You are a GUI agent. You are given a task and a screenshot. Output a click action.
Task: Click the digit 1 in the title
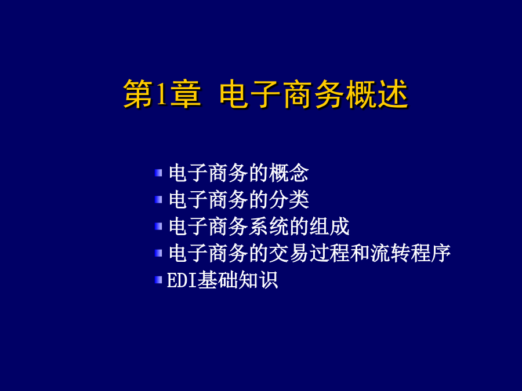pyautogui.click(x=161, y=94)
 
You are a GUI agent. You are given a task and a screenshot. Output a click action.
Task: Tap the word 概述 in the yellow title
pyautogui.click(x=377, y=94)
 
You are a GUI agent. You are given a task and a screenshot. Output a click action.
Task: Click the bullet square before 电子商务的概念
pyautogui.click(x=158, y=173)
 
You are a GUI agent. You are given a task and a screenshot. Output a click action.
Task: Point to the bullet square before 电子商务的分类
pyautogui.click(x=158, y=199)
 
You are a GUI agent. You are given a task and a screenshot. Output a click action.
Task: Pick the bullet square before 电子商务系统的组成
pyautogui.click(x=158, y=226)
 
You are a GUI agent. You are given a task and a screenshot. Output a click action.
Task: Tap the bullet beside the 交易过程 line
pyautogui.click(x=158, y=253)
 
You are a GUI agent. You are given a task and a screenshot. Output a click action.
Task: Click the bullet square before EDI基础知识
pyautogui.click(x=158, y=280)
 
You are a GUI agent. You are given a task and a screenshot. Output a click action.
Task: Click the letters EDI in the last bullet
pyautogui.click(x=182, y=280)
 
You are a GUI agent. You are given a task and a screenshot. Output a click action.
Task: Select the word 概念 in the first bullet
pyautogui.click(x=289, y=173)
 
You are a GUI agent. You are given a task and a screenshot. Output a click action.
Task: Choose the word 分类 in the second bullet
pyautogui.click(x=289, y=199)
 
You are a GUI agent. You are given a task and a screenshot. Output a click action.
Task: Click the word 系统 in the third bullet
pyautogui.click(x=269, y=226)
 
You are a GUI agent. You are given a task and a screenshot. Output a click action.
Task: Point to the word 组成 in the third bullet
pyautogui.click(x=329, y=226)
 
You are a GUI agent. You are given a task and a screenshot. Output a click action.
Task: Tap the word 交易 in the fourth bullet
pyautogui.click(x=289, y=253)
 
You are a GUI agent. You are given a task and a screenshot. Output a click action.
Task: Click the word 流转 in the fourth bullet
pyautogui.click(x=390, y=253)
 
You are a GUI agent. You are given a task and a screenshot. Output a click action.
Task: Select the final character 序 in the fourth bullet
pyautogui.click(x=440, y=253)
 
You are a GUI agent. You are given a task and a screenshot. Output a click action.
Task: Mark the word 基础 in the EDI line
pyautogui.click(x=217, y=280)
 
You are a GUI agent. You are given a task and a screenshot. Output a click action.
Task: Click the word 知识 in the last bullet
pyautogui.click(x=258, y=280)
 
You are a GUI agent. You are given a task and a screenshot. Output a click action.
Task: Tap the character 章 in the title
pyautogui.click(x=186, y=94)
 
